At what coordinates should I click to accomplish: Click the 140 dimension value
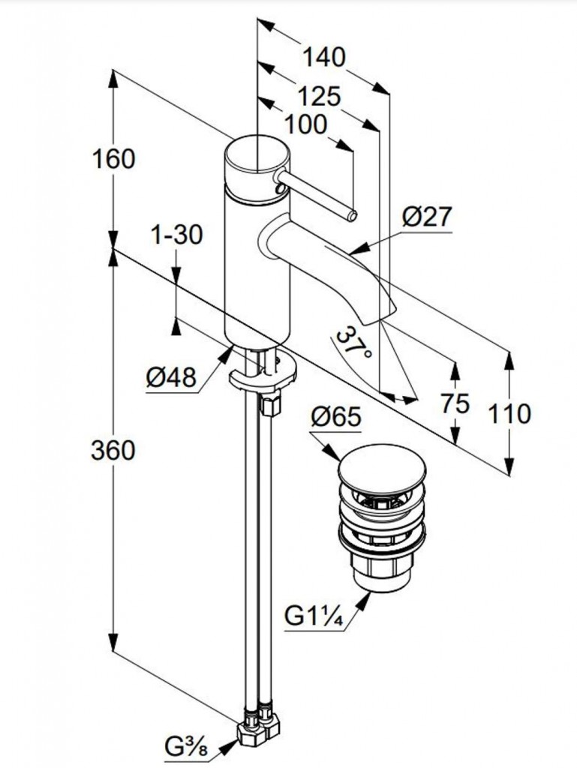(324, 57)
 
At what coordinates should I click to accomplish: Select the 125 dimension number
(319, 97)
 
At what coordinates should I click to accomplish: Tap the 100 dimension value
(306, 124)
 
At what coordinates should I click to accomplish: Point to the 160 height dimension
(113, 159)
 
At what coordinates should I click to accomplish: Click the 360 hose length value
(113, 450)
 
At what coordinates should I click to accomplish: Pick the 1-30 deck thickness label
(177, 235)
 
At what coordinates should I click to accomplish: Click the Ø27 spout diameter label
(427, 217)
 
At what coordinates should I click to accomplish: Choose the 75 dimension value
(455, 403)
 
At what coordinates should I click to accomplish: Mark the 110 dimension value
(509, 413)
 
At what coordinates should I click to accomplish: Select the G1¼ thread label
(314, 618)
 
